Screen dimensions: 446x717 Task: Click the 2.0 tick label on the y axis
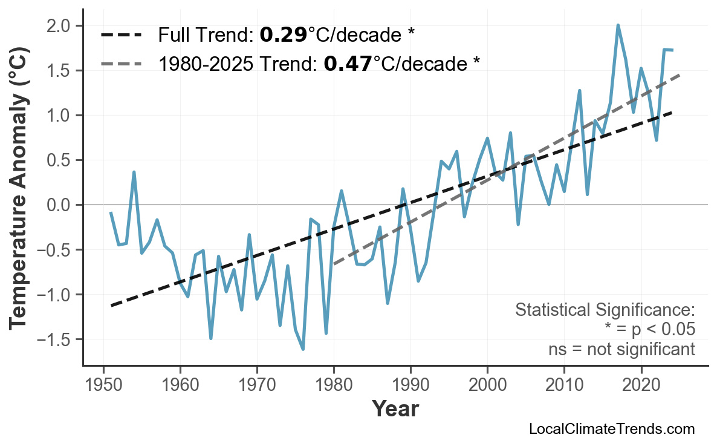click(58, 26)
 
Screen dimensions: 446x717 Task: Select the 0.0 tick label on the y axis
click(58, 205)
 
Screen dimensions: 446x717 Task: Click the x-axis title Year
click(395, 409)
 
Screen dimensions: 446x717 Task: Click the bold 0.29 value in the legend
click(283, 35)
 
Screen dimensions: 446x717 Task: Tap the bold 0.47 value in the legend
click(348, 63)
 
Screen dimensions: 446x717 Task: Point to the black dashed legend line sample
click(121, 35)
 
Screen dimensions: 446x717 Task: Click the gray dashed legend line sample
click(121, 63)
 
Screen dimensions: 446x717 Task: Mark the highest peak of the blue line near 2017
click(618, 25)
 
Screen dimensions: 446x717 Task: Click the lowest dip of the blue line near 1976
click(303, 349)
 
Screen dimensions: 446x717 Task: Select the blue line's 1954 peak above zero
click(134, 172)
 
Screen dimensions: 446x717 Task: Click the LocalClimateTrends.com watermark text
click(612, 429)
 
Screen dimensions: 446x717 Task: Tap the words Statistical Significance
click(605, 310)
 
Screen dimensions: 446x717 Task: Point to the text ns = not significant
click(621, 349)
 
